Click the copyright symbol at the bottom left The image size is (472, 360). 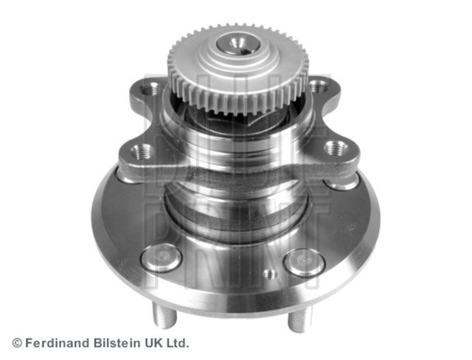[x=17, y=343]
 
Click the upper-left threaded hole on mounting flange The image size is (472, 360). [x=150, y=89]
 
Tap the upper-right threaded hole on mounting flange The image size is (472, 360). [x=318, y=87]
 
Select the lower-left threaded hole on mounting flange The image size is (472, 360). [x=142, y=151]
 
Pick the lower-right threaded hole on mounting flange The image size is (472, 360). [x=336, y=148]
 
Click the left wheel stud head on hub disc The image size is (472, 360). [x=162, y=257]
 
